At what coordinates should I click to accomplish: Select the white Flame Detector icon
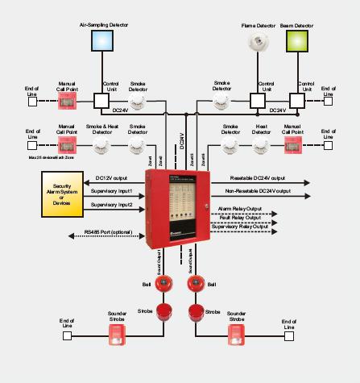[x=259, y=43]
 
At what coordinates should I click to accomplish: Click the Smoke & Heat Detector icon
[x=102, y=144]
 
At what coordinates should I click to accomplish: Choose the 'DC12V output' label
[x=112, y=177]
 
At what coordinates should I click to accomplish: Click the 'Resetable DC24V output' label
[x=258, y=177]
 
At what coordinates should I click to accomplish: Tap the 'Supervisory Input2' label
[x=111, y=205]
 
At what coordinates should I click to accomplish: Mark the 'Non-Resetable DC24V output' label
[x=258, y=190]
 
